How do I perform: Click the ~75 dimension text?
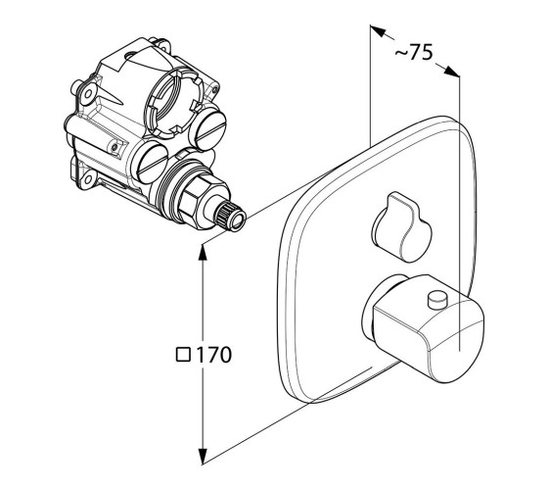pyautogui.click(x=414, y=52)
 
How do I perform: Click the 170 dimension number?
pyautogui.click(x=213, y=355)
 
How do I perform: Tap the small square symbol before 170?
pyautogui.click(x=183, y=355)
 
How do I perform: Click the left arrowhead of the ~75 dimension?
pyautogui.click(x=378, y=30)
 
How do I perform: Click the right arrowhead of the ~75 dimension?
pyautogui.click(x=451, y=70)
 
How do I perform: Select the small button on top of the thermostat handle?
pyautogui.click(x=438, y=300)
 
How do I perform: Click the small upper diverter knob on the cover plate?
pyautogui.click(x=402, y=226)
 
